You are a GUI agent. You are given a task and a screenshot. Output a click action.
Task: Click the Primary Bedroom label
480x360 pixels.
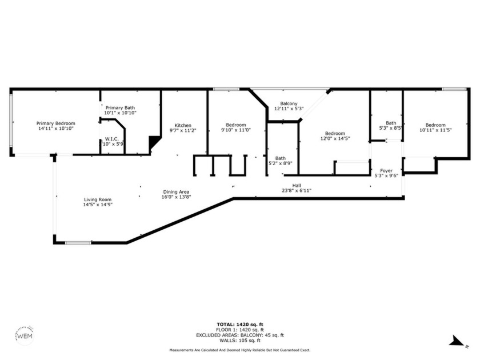(x=56, y=123)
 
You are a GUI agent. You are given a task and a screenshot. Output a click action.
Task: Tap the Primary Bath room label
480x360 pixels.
(x=120, y=107)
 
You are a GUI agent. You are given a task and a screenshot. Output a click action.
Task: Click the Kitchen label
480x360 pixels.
(x=183, y=125)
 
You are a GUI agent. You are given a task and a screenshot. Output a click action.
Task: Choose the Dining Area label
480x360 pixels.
(x=176, y=191)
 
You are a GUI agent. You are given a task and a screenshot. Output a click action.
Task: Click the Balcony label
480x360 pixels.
(x=289, y=103)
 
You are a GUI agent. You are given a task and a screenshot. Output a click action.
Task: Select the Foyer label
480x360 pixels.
(x=386, y=170)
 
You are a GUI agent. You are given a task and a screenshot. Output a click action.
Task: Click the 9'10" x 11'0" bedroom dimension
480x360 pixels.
(x=236, y=130)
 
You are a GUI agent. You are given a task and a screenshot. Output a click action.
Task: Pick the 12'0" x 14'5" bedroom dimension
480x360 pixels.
(x=335, y=138)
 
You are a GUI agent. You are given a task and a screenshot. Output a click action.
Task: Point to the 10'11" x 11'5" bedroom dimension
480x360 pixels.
(x=435, y=130)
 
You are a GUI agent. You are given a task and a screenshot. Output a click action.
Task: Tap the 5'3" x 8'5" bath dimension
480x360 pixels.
(x=391, y=128)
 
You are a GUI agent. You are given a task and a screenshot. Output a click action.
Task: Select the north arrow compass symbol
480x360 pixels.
(x=457, y=341)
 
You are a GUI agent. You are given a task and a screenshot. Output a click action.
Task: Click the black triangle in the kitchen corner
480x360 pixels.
(x=153, y=141)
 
